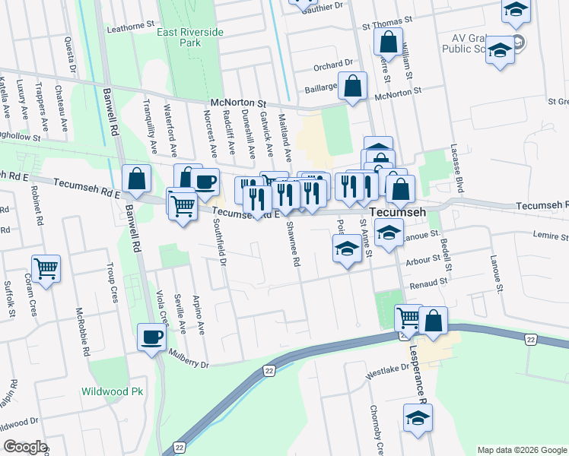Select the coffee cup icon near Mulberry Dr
[x=151, y=337]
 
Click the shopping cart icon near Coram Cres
[x=46, y=268]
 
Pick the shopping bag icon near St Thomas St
[x=388, y=42]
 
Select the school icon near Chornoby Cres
[x=418, y=418]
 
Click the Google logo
[x=25, y=447]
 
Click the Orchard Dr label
[x=334, y=64]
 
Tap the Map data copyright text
[x=521, y=450]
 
